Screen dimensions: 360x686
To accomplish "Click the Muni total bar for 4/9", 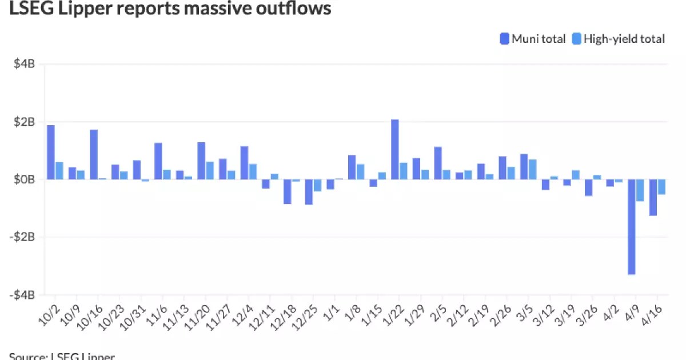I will (631, 227).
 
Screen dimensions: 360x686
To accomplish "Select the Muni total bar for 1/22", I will (394, 149).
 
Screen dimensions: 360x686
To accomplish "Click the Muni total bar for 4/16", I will (653, 197).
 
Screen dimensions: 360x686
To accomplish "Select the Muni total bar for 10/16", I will (94, 154).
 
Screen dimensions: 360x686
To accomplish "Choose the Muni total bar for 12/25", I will (309, 191).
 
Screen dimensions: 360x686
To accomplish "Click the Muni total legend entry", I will (532, 39).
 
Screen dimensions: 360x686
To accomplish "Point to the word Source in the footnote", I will (27, 357).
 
